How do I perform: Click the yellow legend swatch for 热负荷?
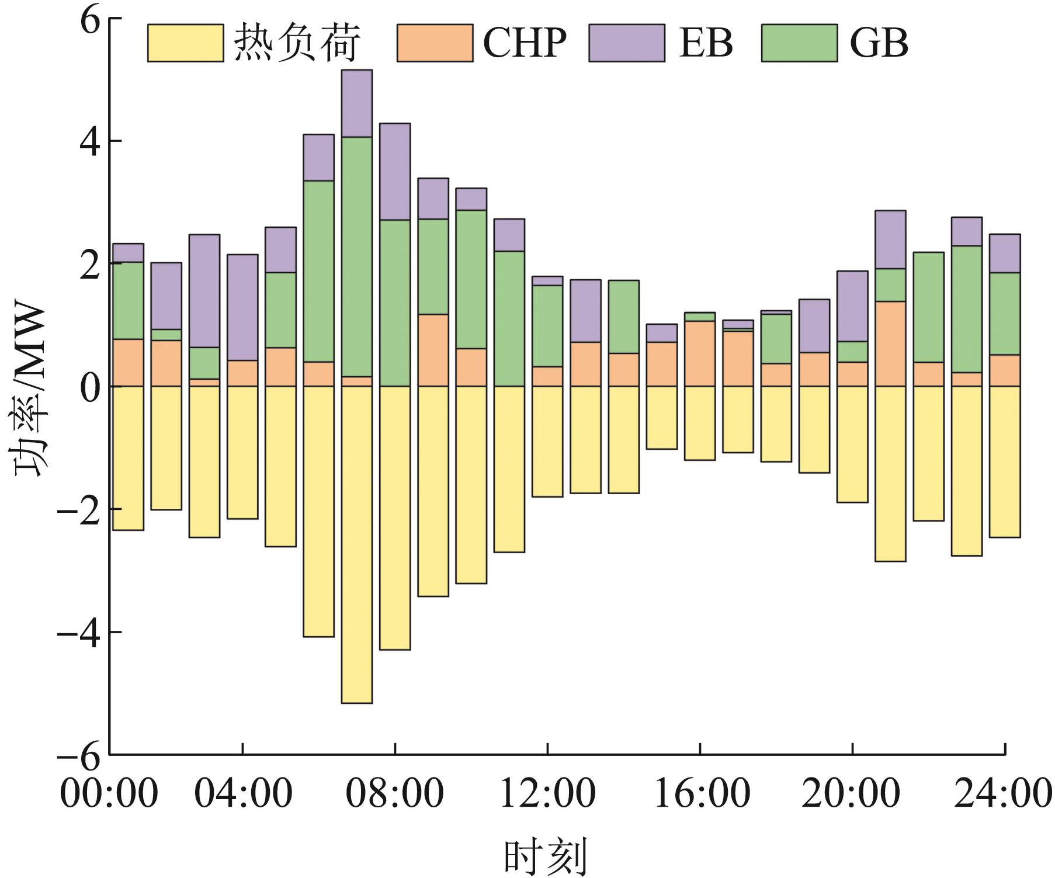(x=185, y=43)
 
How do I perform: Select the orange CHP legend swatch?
(x=435, y=43)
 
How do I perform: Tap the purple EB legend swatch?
(x=626, y=43)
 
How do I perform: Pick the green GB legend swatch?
(x=799, y=43)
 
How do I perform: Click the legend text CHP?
(x=525, y=43)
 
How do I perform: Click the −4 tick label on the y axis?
(x=82, y=632)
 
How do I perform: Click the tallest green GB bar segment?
(x=357, y=257)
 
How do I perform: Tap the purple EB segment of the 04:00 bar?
(x=242, y=307)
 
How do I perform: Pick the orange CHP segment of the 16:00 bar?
(x=700, y=353)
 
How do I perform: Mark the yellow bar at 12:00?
(x=547, y=442)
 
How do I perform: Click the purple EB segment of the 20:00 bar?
(x=852, y=306)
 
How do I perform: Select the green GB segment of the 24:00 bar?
(x=1005, y=314)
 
